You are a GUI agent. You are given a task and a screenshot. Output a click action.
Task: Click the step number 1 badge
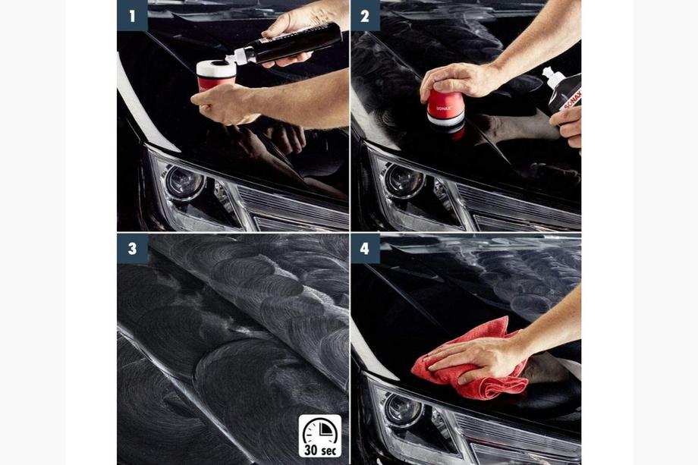(x=132, y=16)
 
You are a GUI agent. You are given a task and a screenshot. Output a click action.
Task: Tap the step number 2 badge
(x=365, y=16)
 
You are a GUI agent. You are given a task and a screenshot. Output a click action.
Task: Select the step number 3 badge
(x=132, y=248)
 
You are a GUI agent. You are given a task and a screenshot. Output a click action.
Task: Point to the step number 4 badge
(x=365, y=248)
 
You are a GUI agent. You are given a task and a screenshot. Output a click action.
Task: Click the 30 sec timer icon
(x=320, y=436)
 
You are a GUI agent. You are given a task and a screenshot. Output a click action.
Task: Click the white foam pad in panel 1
(x=216, y=69)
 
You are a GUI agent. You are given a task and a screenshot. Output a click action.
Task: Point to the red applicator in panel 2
(x=445, y=108)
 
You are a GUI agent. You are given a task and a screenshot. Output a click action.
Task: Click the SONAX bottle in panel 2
(x=564, y=90)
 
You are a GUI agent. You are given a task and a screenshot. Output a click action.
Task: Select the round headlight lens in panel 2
(x=404, y=181)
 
